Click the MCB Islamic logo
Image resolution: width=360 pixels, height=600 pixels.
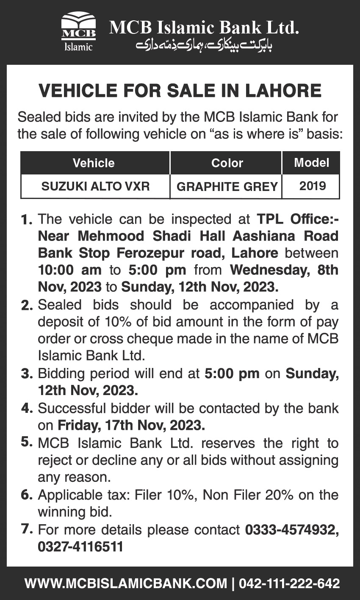[x=78, y=32]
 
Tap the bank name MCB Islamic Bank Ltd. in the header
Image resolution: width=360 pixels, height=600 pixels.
[x=204, y=28]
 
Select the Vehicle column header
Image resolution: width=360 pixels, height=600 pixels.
[x=94, y=163]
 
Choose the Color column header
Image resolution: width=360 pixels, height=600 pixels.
[x=227, y=163]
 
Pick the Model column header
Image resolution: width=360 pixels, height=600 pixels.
[x=311, y=163]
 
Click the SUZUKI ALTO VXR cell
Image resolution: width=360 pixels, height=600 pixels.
[x=95, y=186]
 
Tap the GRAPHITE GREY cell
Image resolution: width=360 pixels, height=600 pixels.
[x=227, y=187]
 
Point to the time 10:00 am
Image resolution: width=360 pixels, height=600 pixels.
[x=70, y=270]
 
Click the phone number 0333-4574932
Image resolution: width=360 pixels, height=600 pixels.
[x=292, y=530]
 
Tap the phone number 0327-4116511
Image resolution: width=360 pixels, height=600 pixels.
[x=80, y=547]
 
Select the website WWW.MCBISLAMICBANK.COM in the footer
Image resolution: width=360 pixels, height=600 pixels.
[x=126, y=583]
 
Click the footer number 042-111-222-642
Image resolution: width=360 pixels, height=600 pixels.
[x=289, y=583]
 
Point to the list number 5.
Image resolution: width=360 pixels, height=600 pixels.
[x=27, y=442]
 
